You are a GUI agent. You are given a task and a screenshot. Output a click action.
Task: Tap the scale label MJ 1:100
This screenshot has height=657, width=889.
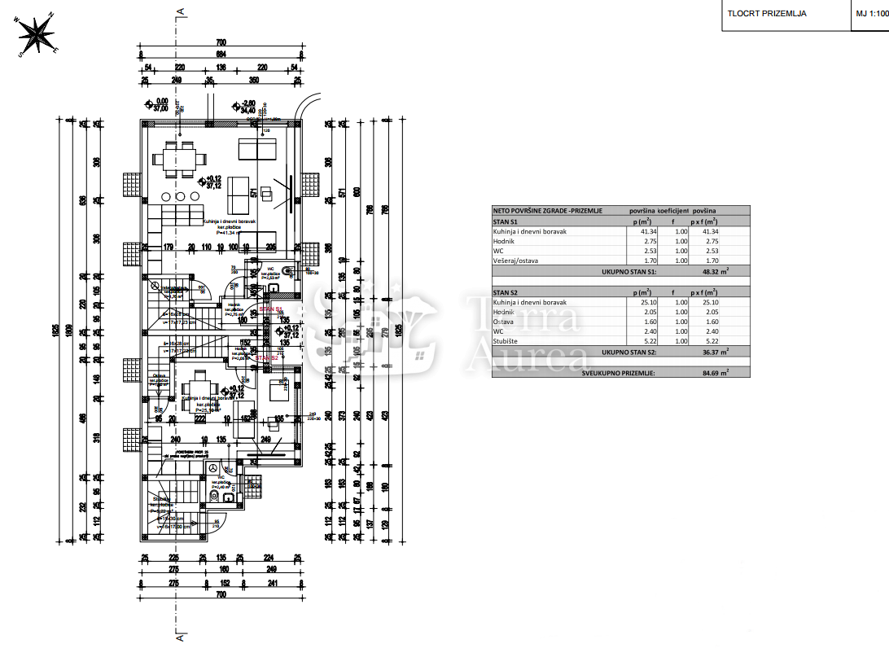870,14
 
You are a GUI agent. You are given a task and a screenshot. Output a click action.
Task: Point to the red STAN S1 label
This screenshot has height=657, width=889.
269,309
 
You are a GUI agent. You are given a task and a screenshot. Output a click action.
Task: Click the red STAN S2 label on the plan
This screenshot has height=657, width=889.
267,357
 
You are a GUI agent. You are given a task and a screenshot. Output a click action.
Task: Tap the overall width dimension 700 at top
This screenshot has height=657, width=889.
220,42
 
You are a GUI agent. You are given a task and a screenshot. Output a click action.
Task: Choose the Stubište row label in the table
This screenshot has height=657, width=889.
508,341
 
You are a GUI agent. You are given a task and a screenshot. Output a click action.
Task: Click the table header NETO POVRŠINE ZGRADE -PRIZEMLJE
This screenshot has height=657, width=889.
547,210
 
